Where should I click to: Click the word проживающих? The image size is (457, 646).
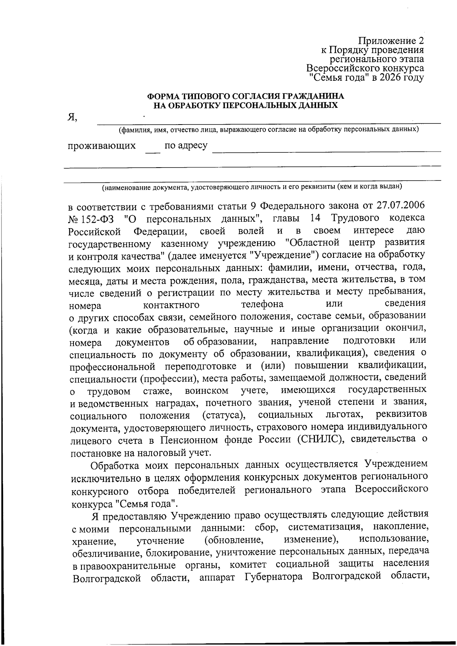point(102,146)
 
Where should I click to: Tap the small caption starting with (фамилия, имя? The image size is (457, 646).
point(268,130)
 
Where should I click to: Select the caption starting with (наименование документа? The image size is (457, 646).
point(252,187)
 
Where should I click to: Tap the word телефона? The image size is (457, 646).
point(262,304)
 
